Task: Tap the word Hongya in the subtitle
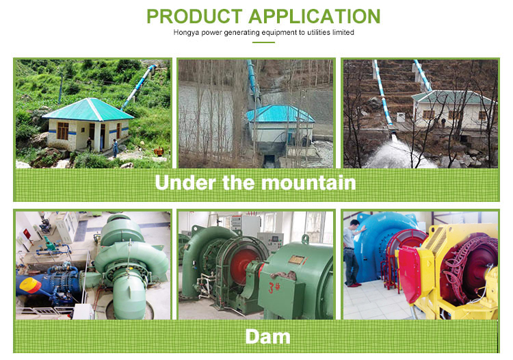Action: tap(187, 32)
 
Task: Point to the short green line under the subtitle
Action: tap(263, 42)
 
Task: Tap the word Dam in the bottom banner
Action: tap(267, 336)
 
